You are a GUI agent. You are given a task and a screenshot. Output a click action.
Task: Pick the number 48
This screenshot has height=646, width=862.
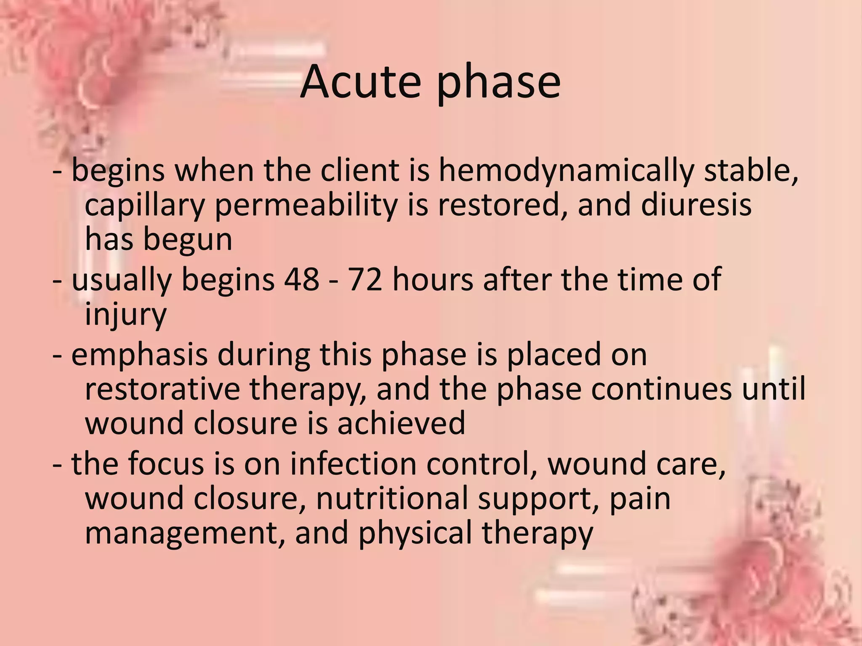(302, 279)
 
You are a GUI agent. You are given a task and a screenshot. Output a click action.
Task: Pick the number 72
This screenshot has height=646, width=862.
(365, 279)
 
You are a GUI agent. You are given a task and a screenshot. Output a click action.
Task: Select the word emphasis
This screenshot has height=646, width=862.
(140, 355)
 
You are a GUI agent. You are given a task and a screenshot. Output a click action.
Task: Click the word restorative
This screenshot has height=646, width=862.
(162, 389)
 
